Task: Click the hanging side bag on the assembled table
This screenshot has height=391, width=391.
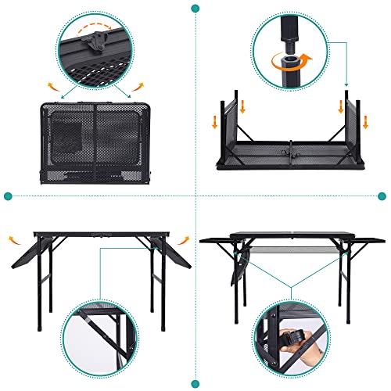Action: (237, 274)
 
